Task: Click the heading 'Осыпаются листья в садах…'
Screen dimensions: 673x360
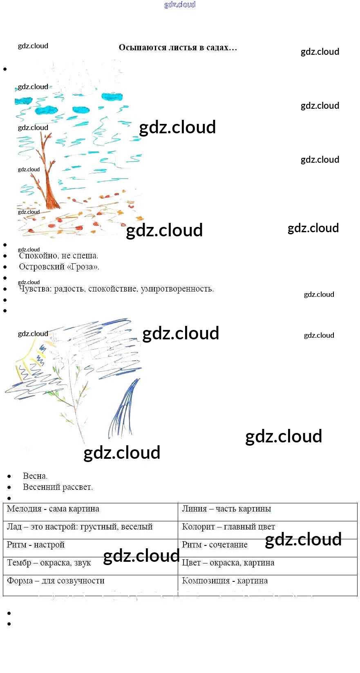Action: tap(178, 48)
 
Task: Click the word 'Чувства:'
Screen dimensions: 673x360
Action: tap(36, 289)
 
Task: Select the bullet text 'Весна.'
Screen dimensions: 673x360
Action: tap(35, 476)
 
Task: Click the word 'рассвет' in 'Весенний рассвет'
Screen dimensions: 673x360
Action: tap(77, 487)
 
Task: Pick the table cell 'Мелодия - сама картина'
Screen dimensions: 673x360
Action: tap(53, 509)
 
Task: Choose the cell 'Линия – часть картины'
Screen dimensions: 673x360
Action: tap(226, 509)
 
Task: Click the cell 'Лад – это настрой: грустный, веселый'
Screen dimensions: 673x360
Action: tap(80, 527)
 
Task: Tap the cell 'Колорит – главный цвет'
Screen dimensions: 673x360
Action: tap(228, 527)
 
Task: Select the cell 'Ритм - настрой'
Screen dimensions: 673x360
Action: tap(36, 545)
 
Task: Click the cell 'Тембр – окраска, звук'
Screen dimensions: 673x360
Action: tap(49, 563)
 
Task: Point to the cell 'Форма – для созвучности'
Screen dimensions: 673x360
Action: tap(56, 581)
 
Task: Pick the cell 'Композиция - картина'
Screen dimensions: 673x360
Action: tap(225, 581)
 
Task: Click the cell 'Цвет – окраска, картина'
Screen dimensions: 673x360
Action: tap(228, 563)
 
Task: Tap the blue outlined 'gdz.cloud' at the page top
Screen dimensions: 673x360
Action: tap(180, 4)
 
